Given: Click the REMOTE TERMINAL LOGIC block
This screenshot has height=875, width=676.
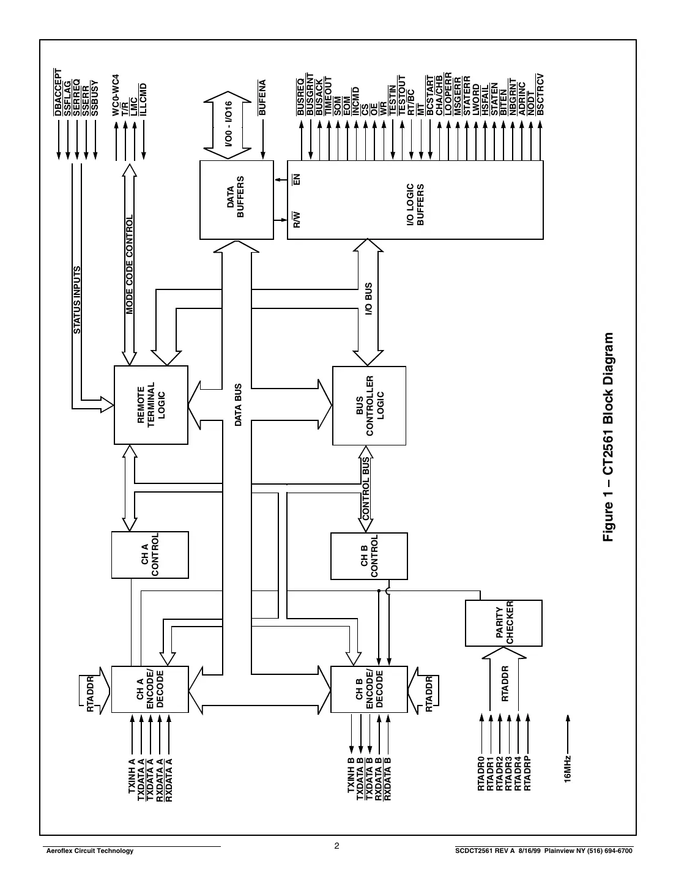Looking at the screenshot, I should [151, 405].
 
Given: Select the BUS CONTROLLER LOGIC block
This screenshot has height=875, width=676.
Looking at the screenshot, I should [369, 406].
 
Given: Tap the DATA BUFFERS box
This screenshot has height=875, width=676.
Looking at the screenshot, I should [236, 199].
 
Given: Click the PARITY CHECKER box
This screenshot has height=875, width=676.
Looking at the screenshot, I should [503, 623].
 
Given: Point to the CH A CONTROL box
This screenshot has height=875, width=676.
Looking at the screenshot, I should [150, 554].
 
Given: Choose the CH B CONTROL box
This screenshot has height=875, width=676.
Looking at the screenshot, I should [369, 556].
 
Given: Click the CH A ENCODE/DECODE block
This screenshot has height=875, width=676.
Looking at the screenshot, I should [150, 689].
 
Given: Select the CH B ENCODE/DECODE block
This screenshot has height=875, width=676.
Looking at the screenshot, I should [369, 689].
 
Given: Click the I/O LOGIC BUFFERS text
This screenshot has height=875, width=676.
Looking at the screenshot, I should [415, 204].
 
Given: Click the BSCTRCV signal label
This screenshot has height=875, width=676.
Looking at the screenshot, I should [540, 94].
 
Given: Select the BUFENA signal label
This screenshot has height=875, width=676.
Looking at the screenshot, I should [262, 97].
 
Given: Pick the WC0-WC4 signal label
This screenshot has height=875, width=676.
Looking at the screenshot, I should [116, 95].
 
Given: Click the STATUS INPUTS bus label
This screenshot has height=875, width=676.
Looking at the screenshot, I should [77, 300].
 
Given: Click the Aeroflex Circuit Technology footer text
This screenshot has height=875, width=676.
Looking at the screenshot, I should [86, 851].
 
